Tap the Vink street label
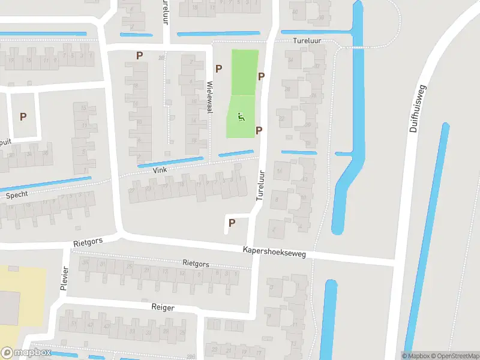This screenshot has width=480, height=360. pyautogui.click(x=159, y=170)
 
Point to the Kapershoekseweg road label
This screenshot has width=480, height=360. pyautogui.click(x=274, y=252)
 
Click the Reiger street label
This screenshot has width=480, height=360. pyautogui.click(x=163, y=307)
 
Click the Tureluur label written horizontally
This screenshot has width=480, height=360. pyautogui.click(x=308, y=40)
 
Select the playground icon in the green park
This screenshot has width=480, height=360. pyautogui.click(x=241, y=117)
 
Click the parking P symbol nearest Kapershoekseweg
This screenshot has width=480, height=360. pyautogui.click(x=232, y=223)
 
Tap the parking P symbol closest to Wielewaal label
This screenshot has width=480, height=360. pyautogui.click(x=218, y=69)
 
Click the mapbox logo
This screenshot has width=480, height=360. pyautogui.click(x=26, y=353)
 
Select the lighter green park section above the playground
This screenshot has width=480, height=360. pyautogui.click(x=245, y=72)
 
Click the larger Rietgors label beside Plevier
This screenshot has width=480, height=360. pyautogui.click(x=88, y=242)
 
